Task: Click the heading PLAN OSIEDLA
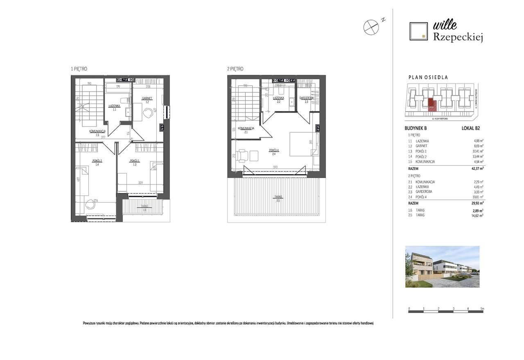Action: (428, 77)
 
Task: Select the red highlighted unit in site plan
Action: (432, 105)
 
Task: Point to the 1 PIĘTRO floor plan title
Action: (79, 69)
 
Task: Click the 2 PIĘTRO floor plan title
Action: (235, 69)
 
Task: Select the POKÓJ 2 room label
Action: (97, 161)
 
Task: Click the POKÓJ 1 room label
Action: (135, 161)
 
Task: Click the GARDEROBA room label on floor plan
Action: (306, 98)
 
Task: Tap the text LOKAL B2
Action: (470, 128)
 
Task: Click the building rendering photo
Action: (442, 266)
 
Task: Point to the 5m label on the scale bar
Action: (482, 308)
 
